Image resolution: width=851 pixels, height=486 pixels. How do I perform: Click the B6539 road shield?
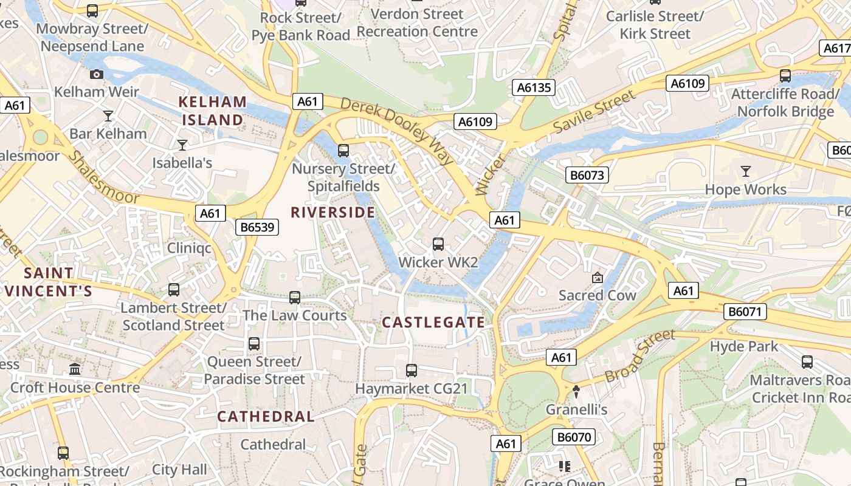pyautogui.click(x=257, y=228)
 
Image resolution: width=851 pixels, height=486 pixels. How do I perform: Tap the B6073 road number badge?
pyautogui.click(x=587, y=176)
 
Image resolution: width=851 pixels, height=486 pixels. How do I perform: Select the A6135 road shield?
pyautogui.click(x=534, y=87)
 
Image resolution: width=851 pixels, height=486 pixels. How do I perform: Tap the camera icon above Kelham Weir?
pyautogui.click(x=96, y=75)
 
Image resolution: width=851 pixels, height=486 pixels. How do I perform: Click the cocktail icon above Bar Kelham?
pyautogui.click(x=108, y=115)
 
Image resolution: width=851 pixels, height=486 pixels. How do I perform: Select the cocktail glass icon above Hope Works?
pyautogui.click(x=745, y=171)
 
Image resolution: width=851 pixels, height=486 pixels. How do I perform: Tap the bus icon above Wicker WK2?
pyautogui.click(x=438, y=244)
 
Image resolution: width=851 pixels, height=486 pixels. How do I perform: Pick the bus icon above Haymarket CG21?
pyautogui.click(x=412, y=370)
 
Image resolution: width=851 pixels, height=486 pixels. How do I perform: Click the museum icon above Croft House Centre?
pyautogui.click(x=75, y=369)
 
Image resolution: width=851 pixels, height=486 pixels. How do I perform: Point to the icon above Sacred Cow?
pyautogui.click(x=598, y=278)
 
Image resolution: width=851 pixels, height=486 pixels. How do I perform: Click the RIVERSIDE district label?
pyautogui.click(x=332, y=212)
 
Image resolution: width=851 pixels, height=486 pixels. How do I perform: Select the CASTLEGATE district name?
pyautogui.click(x=433, y=323)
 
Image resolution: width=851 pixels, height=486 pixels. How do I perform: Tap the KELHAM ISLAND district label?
pyautogui.click(x=213, y=111)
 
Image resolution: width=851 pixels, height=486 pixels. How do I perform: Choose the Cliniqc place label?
pyautogui.click(x=189, y=248)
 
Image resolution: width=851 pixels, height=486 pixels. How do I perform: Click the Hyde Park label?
pyautogui.click(x=744, y=346)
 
